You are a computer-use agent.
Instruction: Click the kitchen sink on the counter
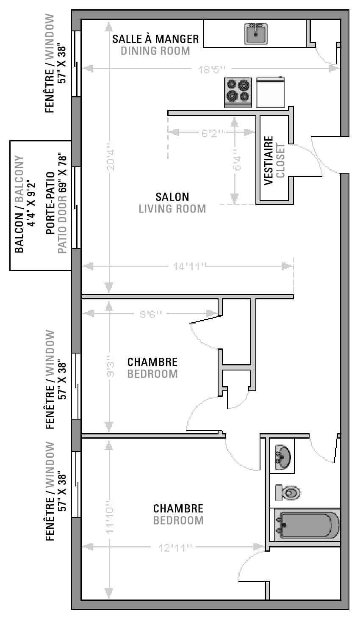pos(256,34)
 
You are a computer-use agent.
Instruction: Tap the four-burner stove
pos(238,93)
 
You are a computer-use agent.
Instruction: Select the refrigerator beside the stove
pos(270,92)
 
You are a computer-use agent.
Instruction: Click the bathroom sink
pos(283,457)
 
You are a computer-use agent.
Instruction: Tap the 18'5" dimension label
pos(212,69)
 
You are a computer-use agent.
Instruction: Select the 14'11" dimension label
pos(190,266)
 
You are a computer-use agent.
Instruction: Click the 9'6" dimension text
pos(151,314)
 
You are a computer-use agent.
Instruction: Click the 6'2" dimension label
pos(213,133)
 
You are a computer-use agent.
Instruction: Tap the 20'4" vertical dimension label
pos(110,160)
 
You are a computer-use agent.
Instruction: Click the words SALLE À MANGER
pos(155,39)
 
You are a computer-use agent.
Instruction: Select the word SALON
pos(172,197)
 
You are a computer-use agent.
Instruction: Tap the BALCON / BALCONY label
pos(19,204)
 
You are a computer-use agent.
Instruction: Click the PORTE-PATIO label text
pos(50,203)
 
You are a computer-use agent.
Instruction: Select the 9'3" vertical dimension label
pos(111,369)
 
